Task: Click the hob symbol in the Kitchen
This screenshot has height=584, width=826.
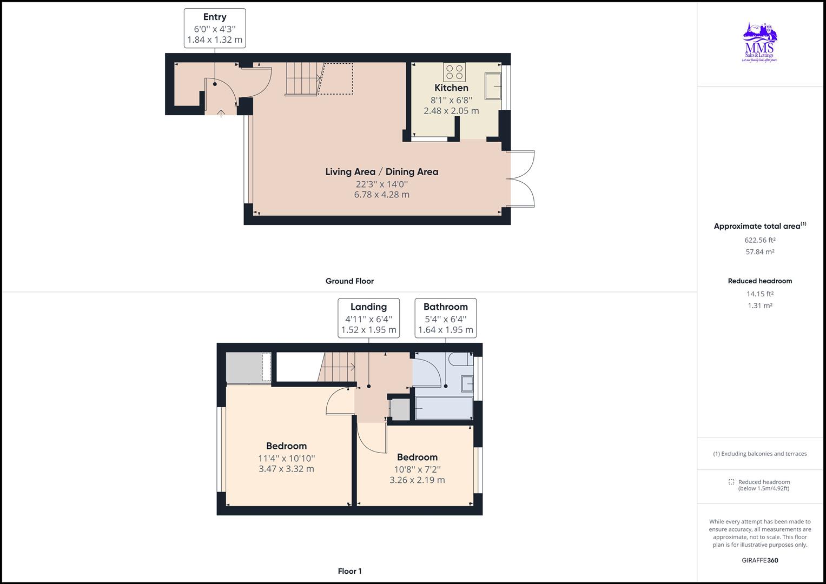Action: click(x=454, y=72)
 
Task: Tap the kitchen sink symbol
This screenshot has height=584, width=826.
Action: click(x=493, y=87)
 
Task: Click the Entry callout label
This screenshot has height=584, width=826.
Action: click(x=215, y=28)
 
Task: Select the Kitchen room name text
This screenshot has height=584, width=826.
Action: click(x=451, y=88)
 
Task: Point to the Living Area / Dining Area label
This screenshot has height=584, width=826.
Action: click(x=381, y=172)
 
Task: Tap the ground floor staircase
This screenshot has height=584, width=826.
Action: click(x=303, y=79)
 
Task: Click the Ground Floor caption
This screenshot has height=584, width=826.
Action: click(x=349, y=281)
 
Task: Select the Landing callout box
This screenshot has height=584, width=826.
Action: click(x=368, y=318)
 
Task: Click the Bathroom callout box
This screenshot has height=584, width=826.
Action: click(x=445, y=318)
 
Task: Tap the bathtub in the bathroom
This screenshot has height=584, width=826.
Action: click(x=444, y=408)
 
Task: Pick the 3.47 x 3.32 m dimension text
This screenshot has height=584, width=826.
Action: click(x=286, y=469)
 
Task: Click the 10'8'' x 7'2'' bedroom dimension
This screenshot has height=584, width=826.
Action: click(x=417, y=469)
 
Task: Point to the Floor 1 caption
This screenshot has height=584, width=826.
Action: click(x=349, y=571)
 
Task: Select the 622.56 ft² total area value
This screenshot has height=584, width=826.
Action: click(x=759, y=240)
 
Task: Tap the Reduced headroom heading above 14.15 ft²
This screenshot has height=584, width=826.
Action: click(x=759, y=281)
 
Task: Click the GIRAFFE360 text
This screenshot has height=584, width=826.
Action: click(x=759, y=560)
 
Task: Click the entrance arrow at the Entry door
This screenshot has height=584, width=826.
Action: click(x=221, y=113)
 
